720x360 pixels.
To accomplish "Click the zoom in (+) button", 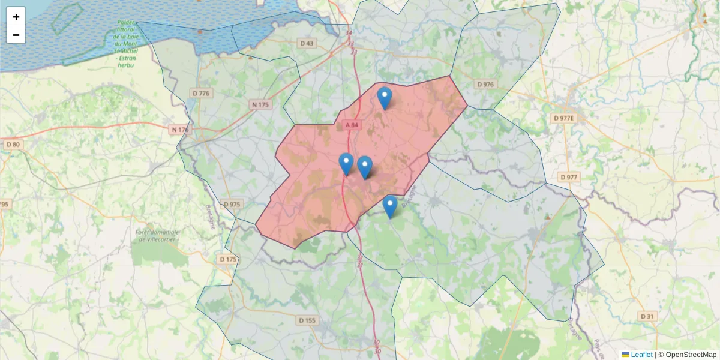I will (16, 17).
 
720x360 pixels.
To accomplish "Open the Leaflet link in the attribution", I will (641, 355).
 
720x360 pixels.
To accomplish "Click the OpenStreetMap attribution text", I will (691, 355).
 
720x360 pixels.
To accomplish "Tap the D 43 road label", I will (307, 43).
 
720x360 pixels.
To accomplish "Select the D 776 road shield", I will (201, 93).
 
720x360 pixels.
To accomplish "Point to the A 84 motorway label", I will (352, 125).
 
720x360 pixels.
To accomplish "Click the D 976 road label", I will (484, 85).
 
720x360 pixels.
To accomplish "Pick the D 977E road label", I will (564, 118).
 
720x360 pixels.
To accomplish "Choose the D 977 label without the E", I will (568, 177).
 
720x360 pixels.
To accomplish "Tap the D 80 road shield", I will (12, 145).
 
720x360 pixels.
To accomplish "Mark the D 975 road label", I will (232, 205).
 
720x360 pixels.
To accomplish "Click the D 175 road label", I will (228, 259).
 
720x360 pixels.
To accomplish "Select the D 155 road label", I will (307, 320).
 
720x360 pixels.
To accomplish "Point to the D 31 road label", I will (646, 316).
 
